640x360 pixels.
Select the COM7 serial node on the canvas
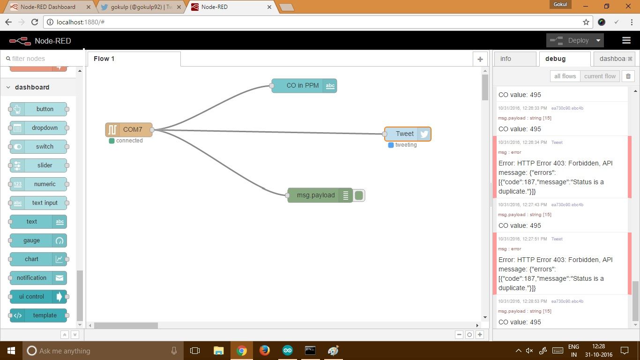pos(129,129)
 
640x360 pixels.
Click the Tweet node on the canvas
pos(405,134)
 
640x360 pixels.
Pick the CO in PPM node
pos(303,85)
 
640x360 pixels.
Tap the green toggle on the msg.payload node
pos(359,195)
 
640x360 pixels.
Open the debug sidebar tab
pos(556,59)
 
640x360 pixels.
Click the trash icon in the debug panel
pos(628,76)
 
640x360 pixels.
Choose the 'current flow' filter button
pos(600,76)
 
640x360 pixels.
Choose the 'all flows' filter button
pos(565,76)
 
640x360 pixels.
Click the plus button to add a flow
pos(480,59)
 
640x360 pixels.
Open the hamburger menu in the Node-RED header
pos(626,40)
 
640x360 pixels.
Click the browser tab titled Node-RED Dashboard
pos(48,7)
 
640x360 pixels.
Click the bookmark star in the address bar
pos(586,22)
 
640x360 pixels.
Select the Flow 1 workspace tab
pos(104,59)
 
